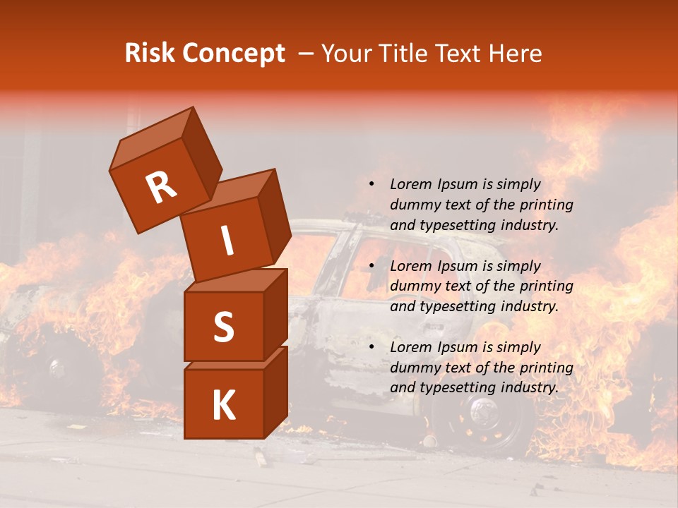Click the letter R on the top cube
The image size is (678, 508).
(x=161, y=188)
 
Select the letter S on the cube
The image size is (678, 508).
(x=223, y=327)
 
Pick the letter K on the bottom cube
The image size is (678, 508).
(x=223, y=406)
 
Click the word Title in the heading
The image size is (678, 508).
(x=403, y=54)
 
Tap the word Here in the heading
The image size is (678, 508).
(x=516, y=54)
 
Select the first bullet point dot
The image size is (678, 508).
(x=371, y=184)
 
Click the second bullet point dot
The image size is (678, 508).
(x=371, y=266)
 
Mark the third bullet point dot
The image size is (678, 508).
(x=371, y=347)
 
